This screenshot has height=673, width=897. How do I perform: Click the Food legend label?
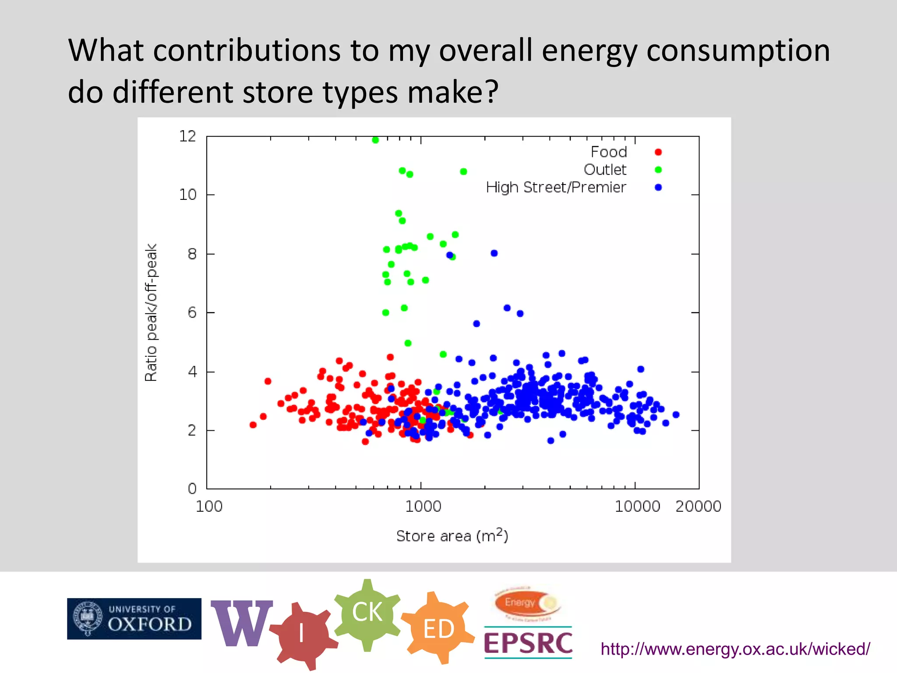(x=608, y=152)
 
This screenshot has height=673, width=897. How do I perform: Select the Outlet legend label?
(x=605, y=170)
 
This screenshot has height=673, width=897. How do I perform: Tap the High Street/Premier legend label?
(x=556, y=188)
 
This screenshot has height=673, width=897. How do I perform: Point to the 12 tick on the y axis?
(x=187, y=136)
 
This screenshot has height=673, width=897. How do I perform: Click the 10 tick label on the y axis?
(x=187, y=195)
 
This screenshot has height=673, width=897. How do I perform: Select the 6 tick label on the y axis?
(x=192, y=313)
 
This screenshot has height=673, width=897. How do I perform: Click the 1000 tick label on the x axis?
(x=423, y=507)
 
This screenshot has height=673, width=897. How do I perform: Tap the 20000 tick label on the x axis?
(x=698, y=507)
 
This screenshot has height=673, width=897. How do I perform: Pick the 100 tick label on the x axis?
(x=209, y=507)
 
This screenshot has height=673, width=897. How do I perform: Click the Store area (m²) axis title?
(x=452, y=535)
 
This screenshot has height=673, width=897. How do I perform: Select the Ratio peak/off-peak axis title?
(x=151, y=312)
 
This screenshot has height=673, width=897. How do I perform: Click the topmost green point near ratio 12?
(x=375, y=140)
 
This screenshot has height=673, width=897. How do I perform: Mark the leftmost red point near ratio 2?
(x=253, y=425)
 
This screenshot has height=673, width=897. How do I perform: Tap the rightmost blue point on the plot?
(x=676, y=414)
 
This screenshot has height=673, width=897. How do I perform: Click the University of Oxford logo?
(x=134, y=618)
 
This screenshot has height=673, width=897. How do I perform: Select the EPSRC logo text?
(x=528, y=643)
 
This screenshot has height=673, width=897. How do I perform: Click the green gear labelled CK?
(x=367, y=612)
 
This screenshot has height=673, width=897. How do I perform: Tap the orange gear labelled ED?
(x=438, y=629)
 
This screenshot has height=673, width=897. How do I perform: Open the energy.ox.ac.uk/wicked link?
(x=735, y=649)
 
